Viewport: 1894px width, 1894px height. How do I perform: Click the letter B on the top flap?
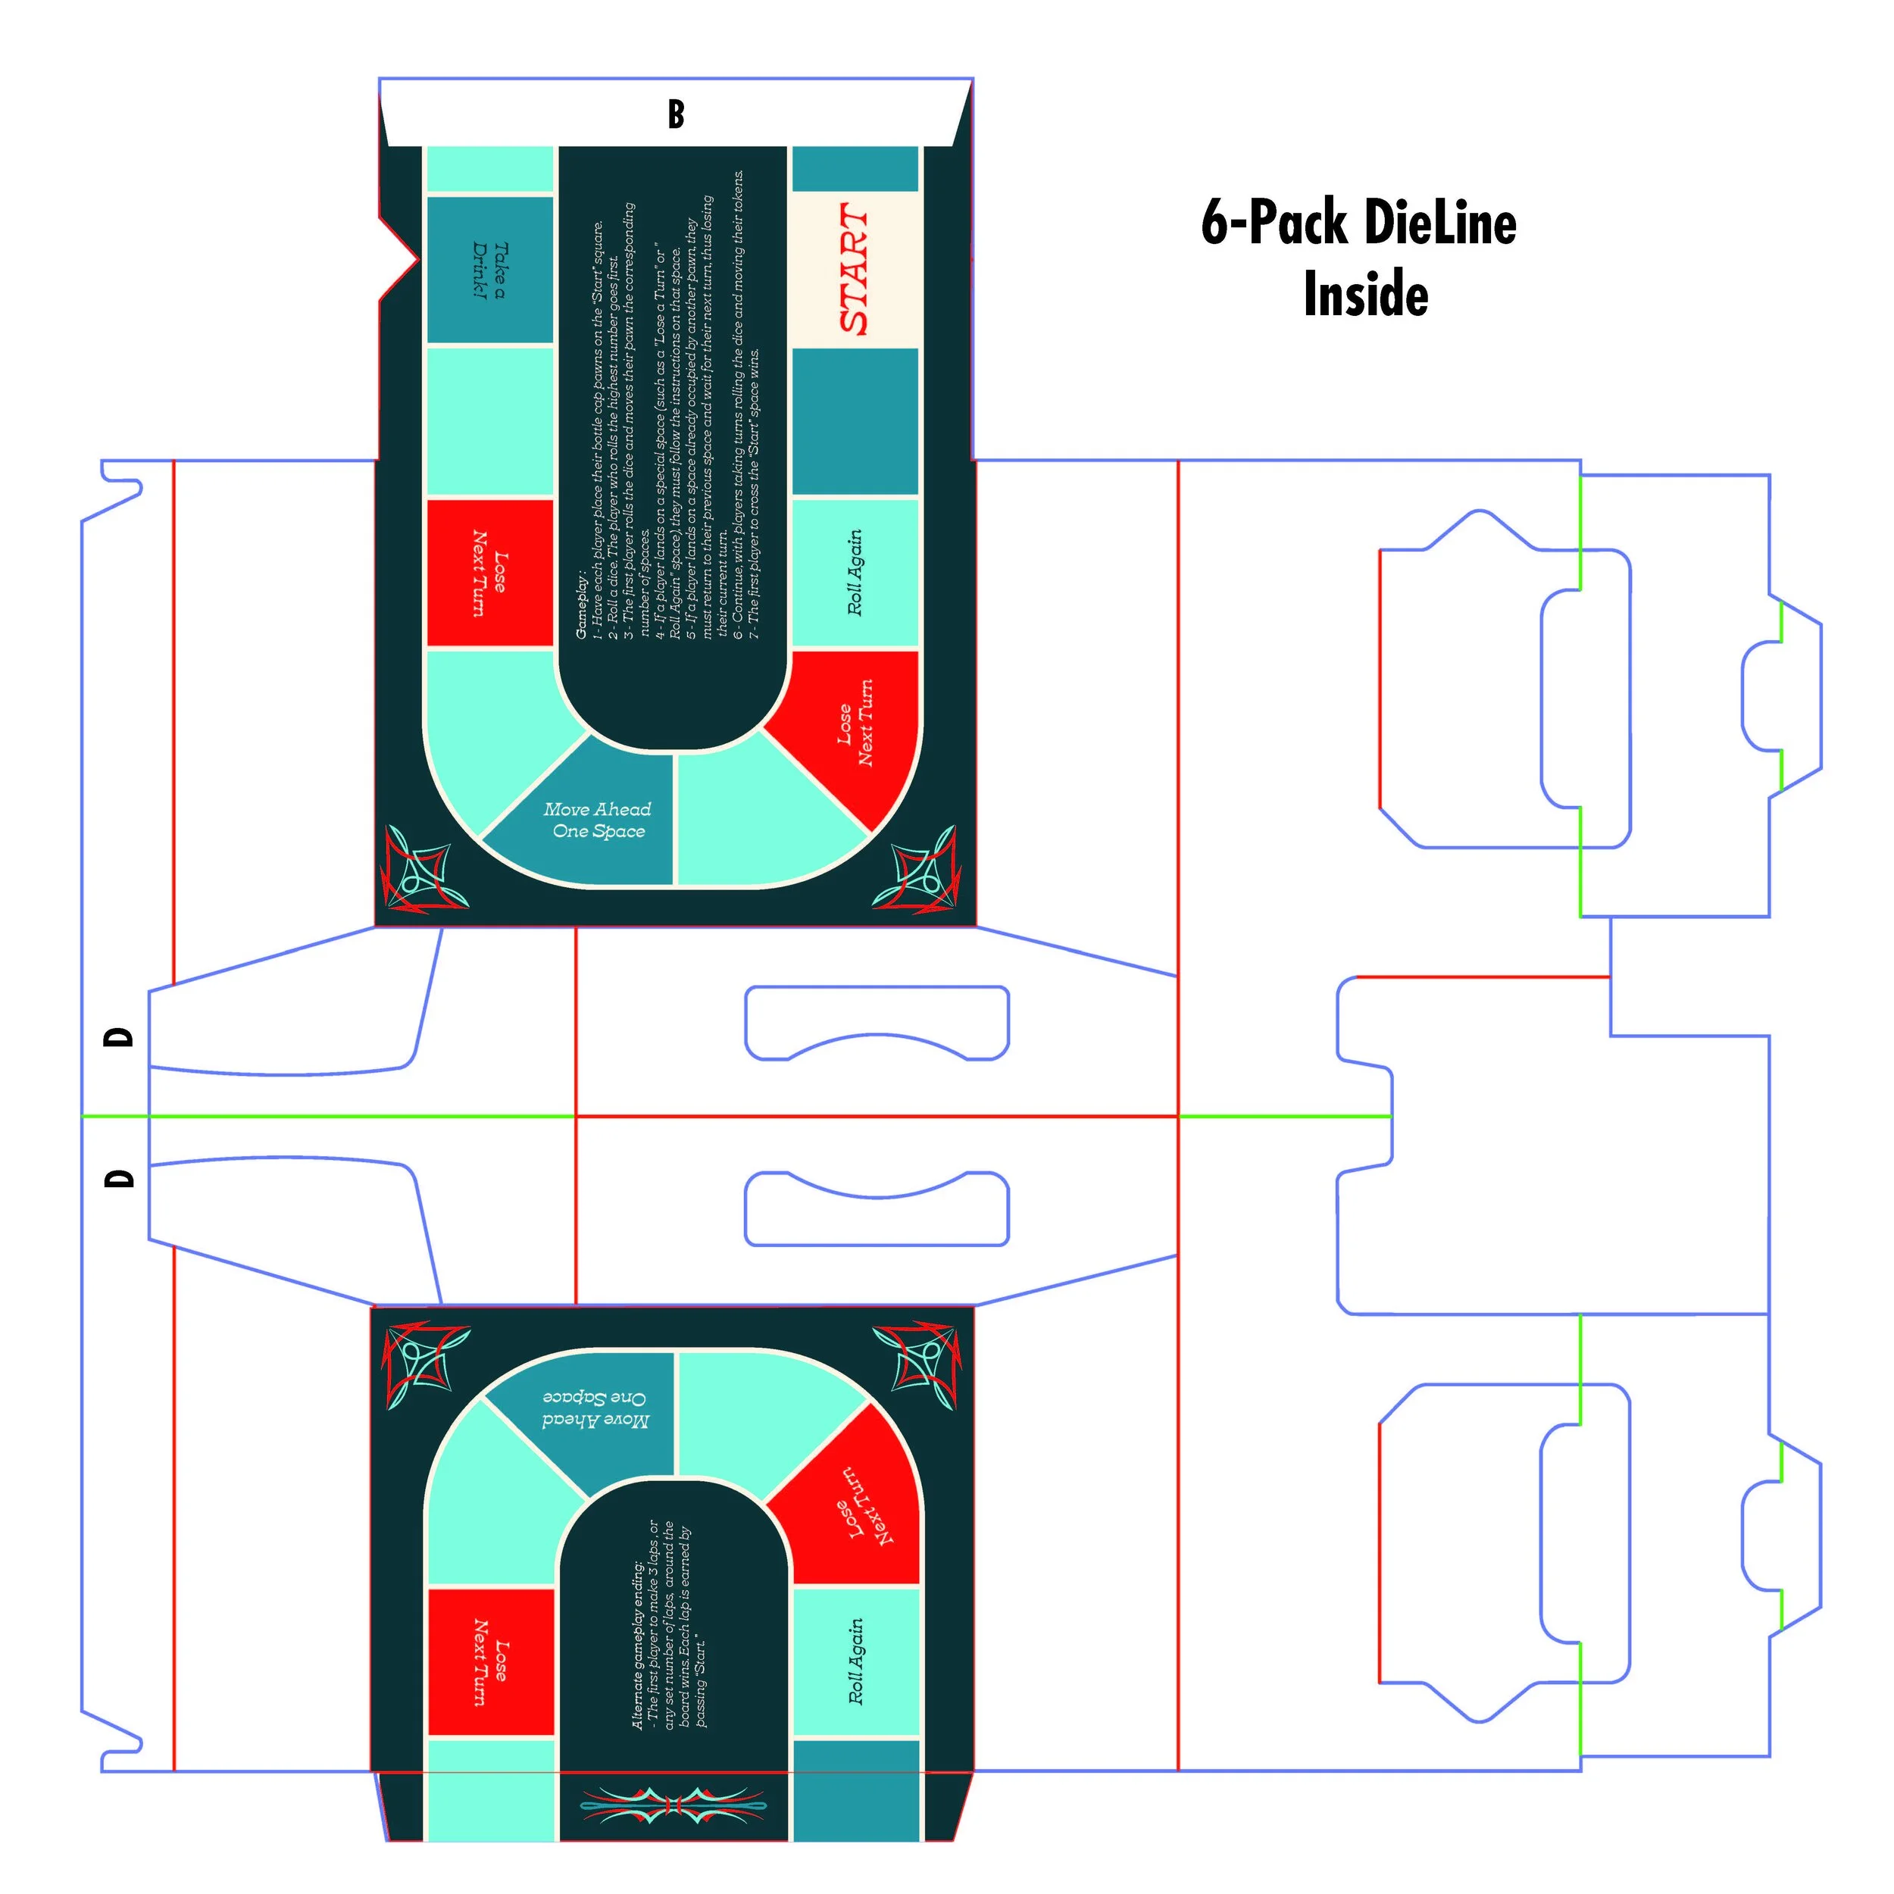(x=676, y=114)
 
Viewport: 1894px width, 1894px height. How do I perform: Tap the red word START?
(x=854, y=270)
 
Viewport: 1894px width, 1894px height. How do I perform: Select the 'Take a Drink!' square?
(x=489, y=270)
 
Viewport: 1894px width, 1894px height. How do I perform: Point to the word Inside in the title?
(x=1366, y=294)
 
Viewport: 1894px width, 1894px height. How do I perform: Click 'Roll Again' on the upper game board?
(x=855, y=574)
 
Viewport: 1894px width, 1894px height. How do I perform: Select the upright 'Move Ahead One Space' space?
(x=598, y=820)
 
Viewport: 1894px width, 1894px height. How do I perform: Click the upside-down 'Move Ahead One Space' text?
(x=595, y=1408)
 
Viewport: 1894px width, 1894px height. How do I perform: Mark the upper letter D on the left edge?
(x=119, y=1037)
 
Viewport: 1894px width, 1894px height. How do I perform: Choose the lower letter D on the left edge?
(x=119, y=1178)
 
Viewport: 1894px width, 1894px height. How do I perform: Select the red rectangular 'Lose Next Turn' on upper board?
(x=490, y=574)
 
